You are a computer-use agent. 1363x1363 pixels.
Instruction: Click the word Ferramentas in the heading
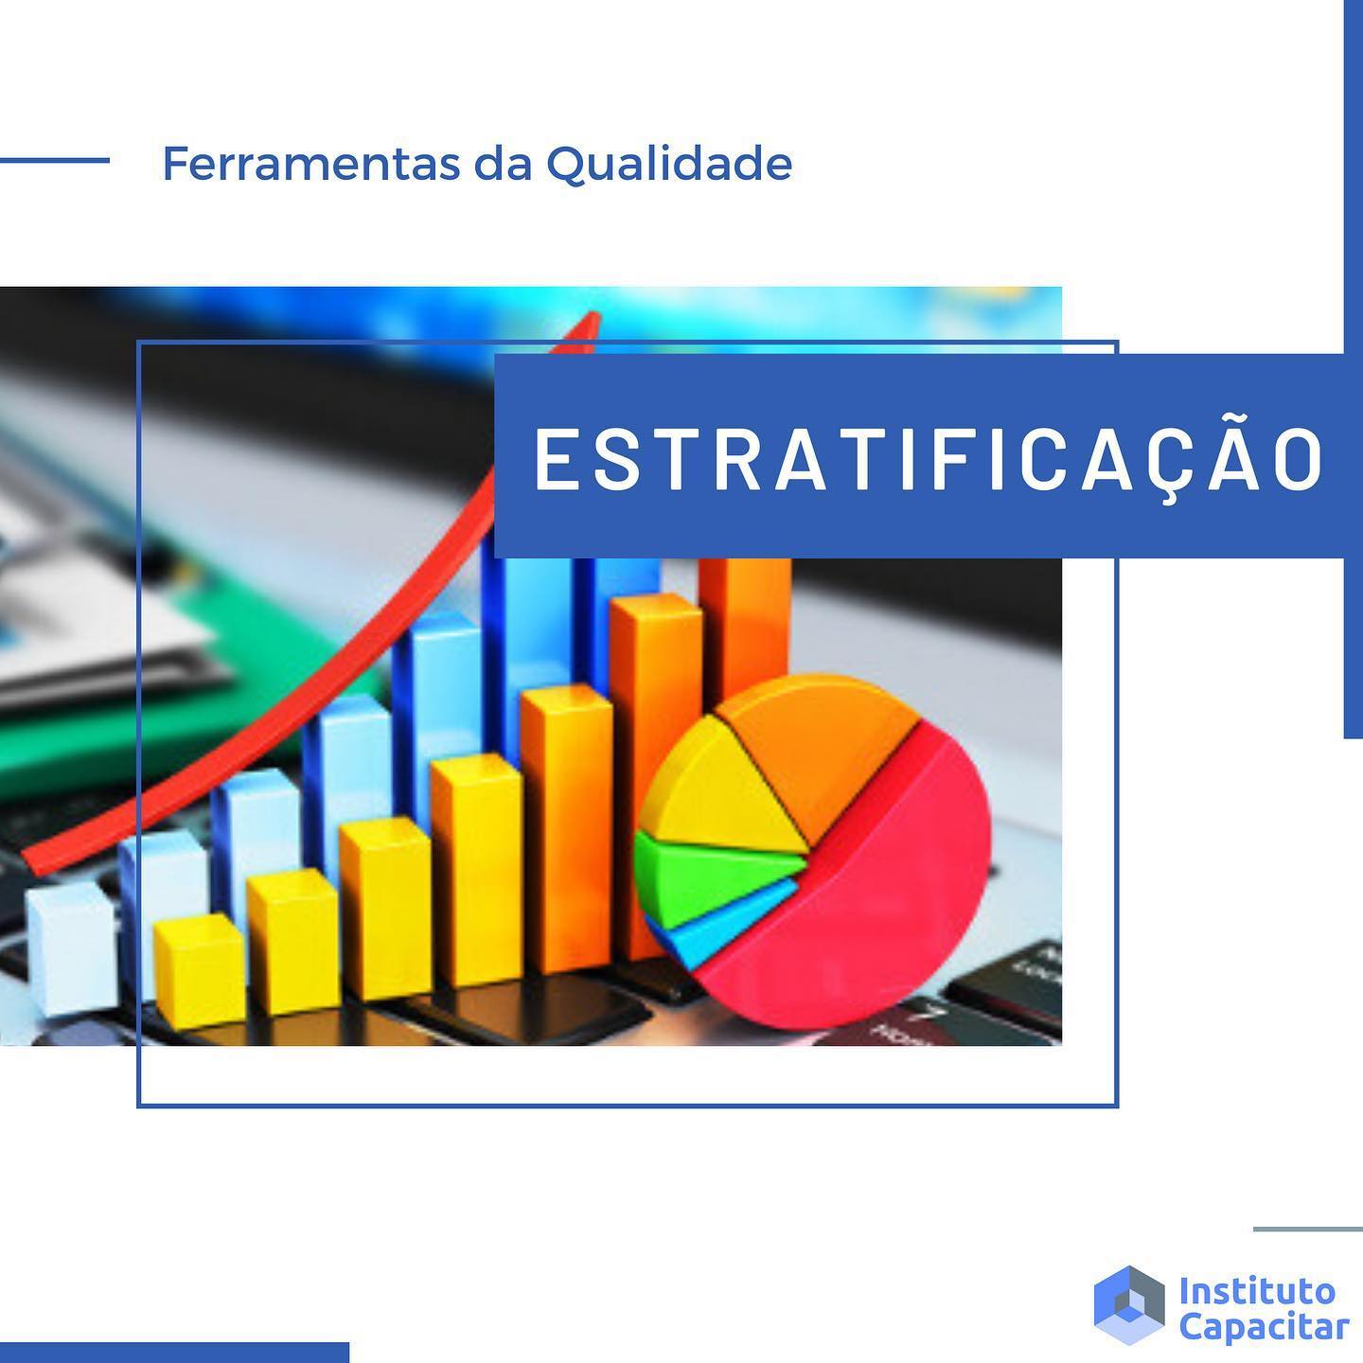[x=311, y=164]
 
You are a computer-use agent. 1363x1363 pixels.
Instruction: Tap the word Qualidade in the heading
[x=669, y=165]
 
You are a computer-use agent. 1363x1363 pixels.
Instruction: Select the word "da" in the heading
[x=503, y=164]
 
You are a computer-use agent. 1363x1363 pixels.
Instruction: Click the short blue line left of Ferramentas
[x=55, y=161]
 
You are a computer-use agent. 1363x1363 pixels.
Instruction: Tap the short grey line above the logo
[x=1308, y=1229]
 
